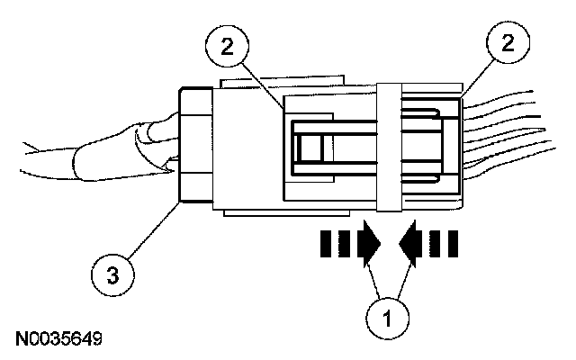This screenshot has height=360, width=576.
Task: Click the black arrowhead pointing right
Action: (369, 243)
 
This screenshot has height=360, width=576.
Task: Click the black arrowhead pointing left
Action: (413, 243)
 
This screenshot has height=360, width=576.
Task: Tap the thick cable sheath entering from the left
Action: (99, 157)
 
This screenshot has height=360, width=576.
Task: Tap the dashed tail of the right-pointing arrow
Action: (337, 243)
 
